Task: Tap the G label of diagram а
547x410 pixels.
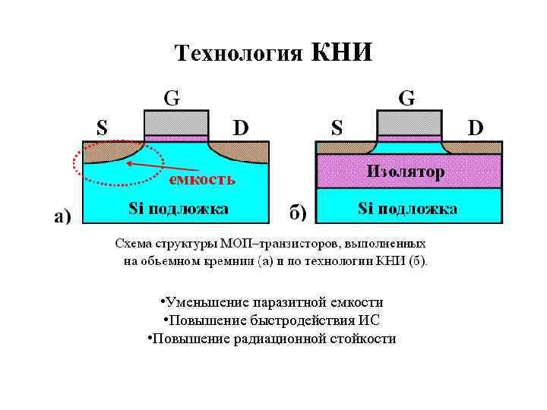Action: [172, 98]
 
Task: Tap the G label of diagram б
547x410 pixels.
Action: [406, 98]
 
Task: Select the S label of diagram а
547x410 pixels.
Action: [101, 126]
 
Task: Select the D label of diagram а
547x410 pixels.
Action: [241, 127]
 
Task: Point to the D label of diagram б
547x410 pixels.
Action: [475, 127]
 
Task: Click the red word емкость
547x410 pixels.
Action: [202, 180]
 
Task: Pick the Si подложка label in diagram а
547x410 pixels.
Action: [179, 209]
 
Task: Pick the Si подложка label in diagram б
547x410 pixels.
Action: [407, 209]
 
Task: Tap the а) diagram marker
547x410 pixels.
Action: [62, 217]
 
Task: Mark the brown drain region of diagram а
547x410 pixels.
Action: [243, 150]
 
